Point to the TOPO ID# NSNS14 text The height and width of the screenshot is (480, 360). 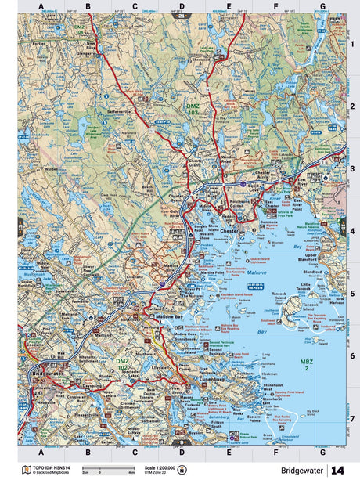47,467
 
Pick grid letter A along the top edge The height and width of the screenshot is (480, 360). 41,7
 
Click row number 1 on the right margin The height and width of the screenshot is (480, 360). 351,44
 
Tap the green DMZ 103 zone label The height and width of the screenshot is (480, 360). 193,107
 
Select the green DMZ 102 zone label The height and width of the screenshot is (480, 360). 123,364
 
